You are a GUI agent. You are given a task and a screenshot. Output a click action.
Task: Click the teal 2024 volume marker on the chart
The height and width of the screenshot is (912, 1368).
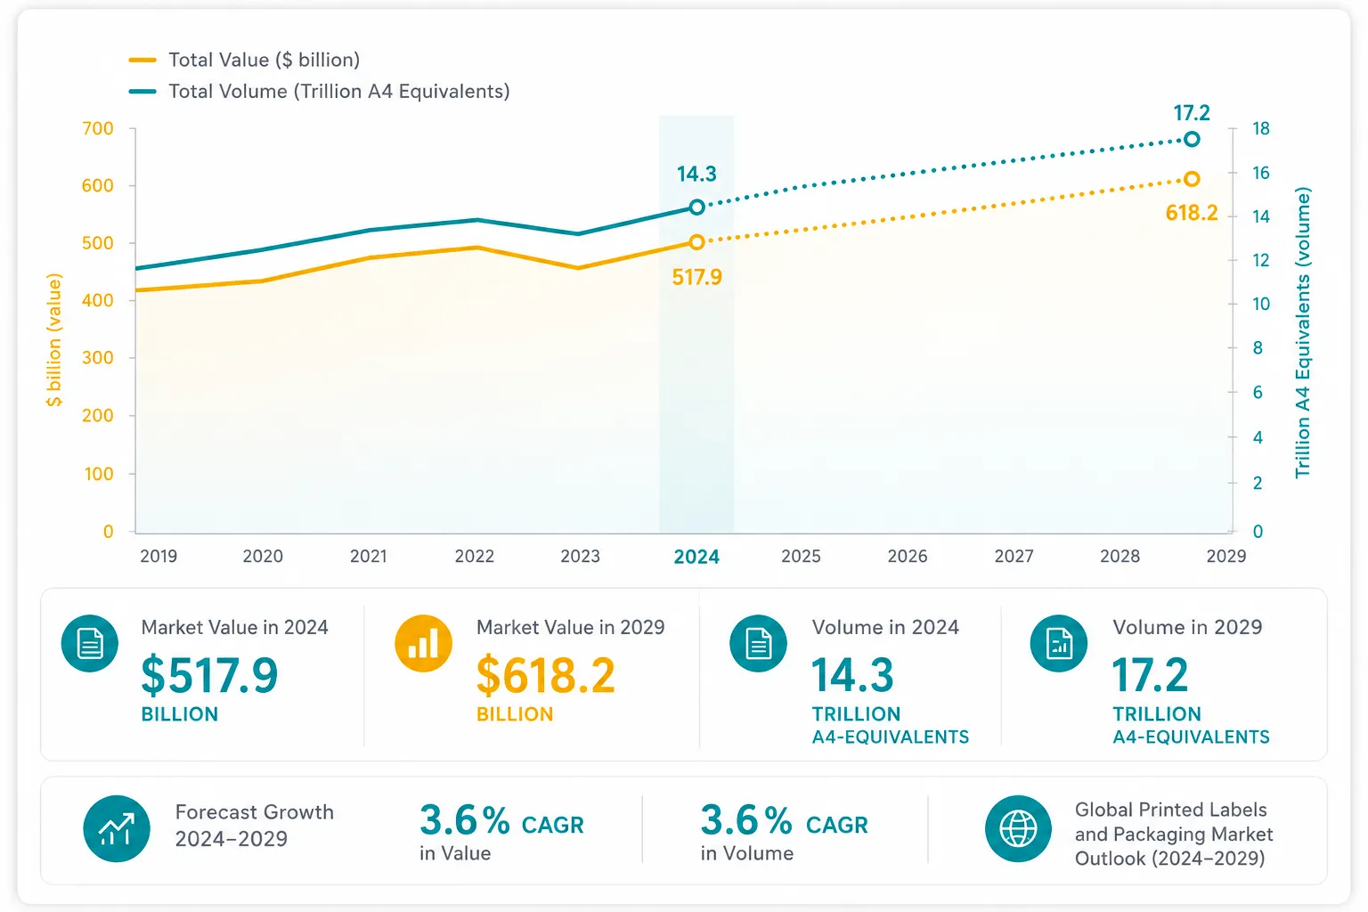pos(696,208)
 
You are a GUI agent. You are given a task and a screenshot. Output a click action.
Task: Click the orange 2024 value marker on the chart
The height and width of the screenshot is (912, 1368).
pos(696,242)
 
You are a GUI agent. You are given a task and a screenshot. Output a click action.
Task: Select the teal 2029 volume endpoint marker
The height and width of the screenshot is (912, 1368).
pos(1192,139)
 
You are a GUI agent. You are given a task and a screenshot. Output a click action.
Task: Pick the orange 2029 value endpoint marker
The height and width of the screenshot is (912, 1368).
pos(1192,179)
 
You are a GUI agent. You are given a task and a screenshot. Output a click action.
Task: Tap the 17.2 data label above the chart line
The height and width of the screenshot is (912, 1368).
pos(1192,113)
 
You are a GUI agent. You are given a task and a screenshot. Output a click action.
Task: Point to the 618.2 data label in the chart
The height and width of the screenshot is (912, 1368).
pos(1192,213)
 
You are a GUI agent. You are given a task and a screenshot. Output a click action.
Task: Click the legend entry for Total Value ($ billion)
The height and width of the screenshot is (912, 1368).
pos(244,60)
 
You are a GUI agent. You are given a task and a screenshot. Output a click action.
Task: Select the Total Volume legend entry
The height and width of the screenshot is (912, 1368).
pos(320,91)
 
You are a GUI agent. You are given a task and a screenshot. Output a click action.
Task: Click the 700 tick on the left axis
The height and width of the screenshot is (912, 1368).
pos(98,128)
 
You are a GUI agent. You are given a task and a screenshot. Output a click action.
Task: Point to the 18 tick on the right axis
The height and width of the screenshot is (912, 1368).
pos(1261,128)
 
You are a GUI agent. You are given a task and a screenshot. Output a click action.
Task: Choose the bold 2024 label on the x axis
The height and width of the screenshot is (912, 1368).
pos(696,557)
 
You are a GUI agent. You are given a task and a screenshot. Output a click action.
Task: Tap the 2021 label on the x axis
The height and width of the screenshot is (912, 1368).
pos(368,556)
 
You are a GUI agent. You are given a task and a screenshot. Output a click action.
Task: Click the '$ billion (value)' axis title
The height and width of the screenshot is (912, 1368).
pos(54,339)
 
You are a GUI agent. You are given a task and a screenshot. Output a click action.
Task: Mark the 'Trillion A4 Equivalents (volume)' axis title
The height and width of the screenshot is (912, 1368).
pos(1303,332)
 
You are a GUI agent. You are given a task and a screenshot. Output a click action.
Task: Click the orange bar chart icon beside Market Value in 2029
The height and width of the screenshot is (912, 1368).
pos(423,643)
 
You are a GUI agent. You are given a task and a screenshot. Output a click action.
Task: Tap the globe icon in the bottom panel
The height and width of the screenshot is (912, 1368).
pos(1018,829)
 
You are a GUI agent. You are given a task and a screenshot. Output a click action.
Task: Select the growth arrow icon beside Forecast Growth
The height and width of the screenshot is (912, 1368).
pos(117,829)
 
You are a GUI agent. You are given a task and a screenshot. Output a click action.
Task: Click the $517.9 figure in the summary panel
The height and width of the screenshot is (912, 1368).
pos(209,676)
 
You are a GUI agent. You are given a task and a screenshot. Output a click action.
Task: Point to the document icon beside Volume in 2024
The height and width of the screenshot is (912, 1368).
pos(759,643)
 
